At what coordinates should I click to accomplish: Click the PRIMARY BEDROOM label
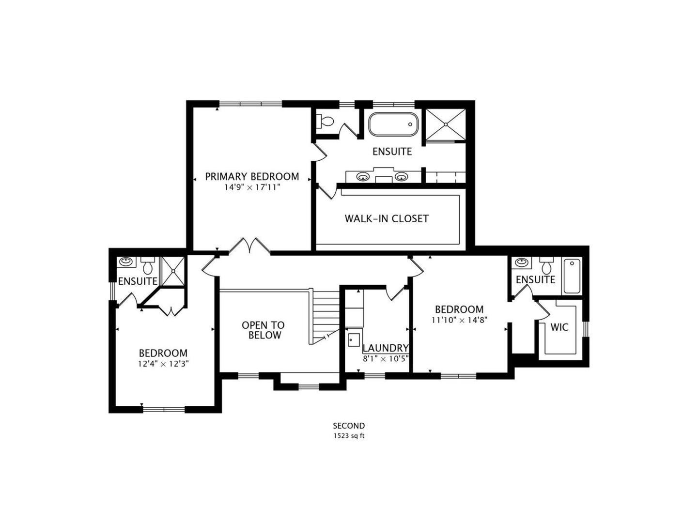coord(252,176)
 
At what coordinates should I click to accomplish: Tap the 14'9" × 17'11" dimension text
coord(252,187)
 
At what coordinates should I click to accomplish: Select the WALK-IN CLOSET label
coord(387,219)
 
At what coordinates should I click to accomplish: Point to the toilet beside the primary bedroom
coord(325,121)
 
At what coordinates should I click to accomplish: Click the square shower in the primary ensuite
coord(446,124)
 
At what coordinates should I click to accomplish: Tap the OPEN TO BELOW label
coord(263,330)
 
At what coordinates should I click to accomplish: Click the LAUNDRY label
coord(386,348)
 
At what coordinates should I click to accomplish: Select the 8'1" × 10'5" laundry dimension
coord(386,359)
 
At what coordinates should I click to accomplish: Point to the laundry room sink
coord(354,340)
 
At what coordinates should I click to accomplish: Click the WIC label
coord(559,327)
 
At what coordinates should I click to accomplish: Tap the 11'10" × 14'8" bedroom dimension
coord(460,320)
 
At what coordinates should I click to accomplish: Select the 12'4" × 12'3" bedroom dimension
coord(163,364)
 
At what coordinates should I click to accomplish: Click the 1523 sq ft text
coord(349,436)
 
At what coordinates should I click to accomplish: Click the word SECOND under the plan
coord(349,426)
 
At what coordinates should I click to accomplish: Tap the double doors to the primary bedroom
coord(249,246)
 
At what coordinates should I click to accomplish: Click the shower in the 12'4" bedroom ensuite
coord(173,271)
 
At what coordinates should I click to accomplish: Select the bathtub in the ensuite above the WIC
coord(572,276)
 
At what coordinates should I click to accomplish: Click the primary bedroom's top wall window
coord(250,104)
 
